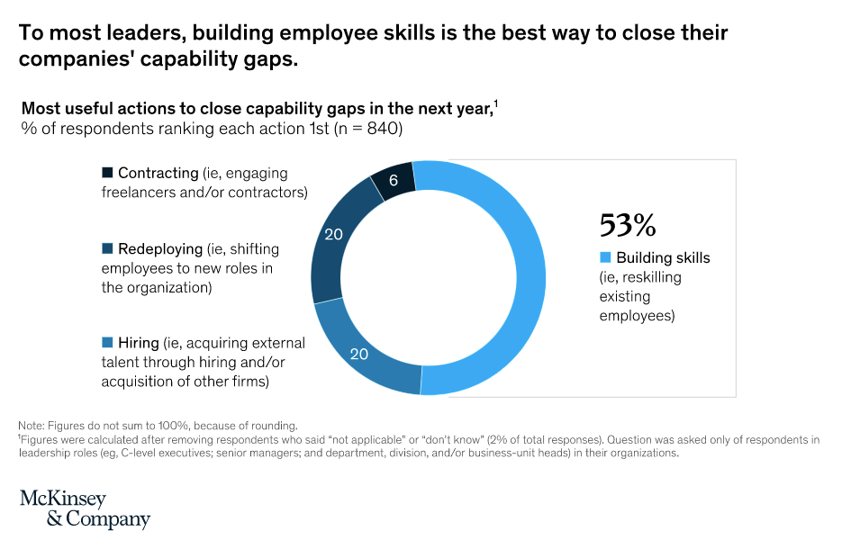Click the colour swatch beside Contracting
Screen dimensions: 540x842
(108, 172)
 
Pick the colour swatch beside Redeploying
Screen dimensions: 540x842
(108, 248)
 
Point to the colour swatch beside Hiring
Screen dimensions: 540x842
(108, 343)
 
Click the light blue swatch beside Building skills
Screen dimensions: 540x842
(606, 258)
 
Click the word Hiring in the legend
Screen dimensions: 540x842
(138, 343)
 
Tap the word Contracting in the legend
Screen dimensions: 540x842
(158, 172)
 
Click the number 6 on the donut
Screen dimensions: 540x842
(394, 181)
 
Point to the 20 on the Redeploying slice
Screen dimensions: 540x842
(334, 235)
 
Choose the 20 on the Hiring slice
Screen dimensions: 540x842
(359, 354)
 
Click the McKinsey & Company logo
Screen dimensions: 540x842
(85, 509)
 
